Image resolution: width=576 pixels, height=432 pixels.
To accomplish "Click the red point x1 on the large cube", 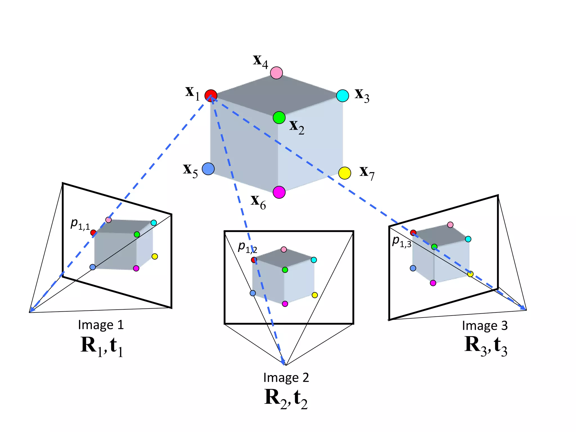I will [x=211, y=96].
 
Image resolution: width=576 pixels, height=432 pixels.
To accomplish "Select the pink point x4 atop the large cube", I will [x=276, y=73].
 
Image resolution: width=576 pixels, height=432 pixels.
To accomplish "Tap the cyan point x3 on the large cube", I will [x=343, y=96].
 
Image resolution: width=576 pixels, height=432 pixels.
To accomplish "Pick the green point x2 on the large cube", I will [x=279, y=118].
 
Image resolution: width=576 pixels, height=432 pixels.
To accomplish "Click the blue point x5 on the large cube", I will [x=208, y=169].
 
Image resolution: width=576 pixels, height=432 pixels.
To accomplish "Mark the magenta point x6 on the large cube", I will [x=279, y=192].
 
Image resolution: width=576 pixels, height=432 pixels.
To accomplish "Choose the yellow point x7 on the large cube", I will [x=345, y=173].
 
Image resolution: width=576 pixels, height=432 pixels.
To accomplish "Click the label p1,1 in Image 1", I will [x=80, y=224].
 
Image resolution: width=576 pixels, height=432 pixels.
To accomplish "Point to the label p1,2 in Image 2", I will [x=247, y=247].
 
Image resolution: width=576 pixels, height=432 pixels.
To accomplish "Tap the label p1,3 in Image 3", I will [x=402, y=242].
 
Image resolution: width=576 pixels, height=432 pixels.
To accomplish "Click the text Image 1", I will [x=101, y=325].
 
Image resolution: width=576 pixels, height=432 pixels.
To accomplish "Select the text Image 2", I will [x=286, y=378].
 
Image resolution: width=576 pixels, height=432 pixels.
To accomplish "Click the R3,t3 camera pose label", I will [x=486, y=346].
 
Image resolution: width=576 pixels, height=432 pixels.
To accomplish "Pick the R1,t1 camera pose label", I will [x=102, y=346].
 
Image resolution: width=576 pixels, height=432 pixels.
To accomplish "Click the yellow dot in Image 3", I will [x=470, y=274].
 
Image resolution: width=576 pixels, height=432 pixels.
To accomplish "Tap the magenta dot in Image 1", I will [x=136, y=268].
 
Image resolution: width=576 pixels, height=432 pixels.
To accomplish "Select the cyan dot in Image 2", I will [x=314, y=260].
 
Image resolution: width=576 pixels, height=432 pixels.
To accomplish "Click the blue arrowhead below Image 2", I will [x=283, y=362].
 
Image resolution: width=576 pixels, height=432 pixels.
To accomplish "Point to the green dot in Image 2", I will [x=285, y=270].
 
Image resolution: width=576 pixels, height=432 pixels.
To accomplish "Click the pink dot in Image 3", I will [x=450, y=225].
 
